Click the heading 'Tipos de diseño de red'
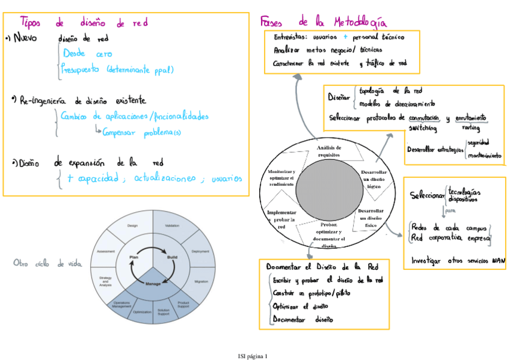(x=84, y=23)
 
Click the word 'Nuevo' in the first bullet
(x=25, y=38)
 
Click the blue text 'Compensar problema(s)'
(x=141, y=132)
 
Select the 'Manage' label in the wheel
(x=153, y=282)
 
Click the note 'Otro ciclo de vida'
(x=48, y=263)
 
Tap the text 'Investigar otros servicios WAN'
(x=458, y=261)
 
